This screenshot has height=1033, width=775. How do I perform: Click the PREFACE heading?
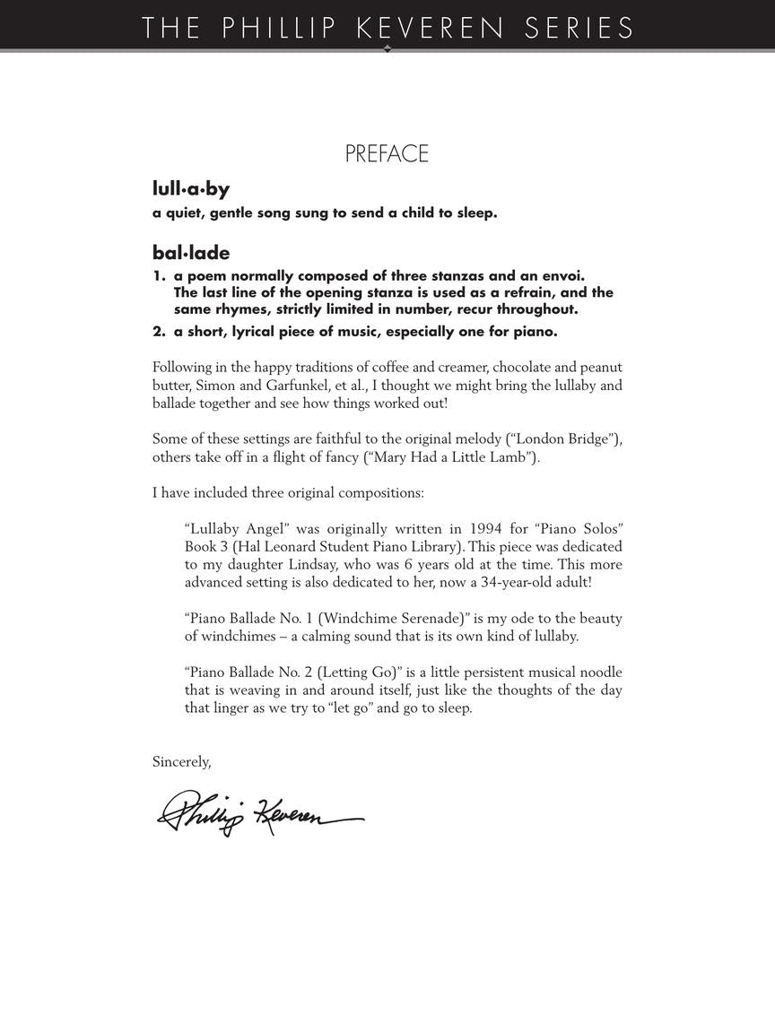(x=387, y=154)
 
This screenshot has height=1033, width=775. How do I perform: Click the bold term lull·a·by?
(x=191, y=189)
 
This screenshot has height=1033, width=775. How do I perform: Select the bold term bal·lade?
(x=191, y=254)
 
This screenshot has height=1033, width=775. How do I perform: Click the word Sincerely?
(x=181, y=762)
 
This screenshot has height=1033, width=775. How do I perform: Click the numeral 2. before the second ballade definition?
(x=160, y=332)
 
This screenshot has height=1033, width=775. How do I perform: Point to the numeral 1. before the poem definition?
(x=160, y=276)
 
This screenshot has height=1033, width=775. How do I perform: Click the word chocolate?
(x=523, y=368)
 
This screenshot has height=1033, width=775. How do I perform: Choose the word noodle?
(x=596, y=673)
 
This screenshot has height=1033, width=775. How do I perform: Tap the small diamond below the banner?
(x=387, y=49)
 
